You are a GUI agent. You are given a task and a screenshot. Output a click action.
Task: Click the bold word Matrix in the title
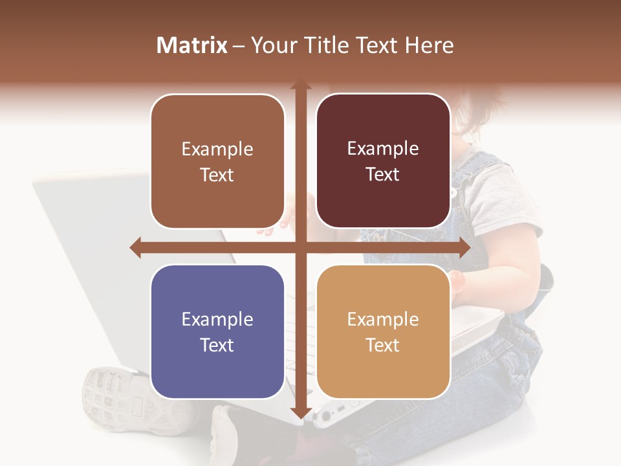click(x=192, y=45)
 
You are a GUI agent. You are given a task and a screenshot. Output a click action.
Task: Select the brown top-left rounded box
click(x=217, y=161)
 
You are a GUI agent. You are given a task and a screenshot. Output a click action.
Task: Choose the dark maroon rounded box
click(x=383, y=161)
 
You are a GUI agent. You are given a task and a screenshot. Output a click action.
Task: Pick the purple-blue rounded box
click(x=217, y=331)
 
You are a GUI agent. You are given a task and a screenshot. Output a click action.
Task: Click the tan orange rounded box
click(x=383, y=331)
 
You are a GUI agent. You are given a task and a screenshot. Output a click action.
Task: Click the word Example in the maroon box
click(x=383, y=149)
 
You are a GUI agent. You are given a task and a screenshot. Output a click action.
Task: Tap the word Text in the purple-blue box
click(x=217, y=345)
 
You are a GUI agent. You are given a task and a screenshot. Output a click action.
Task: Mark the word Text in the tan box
click(x=383, y=345)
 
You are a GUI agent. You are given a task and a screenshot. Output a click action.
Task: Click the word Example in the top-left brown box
click(x=217, y=150)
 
